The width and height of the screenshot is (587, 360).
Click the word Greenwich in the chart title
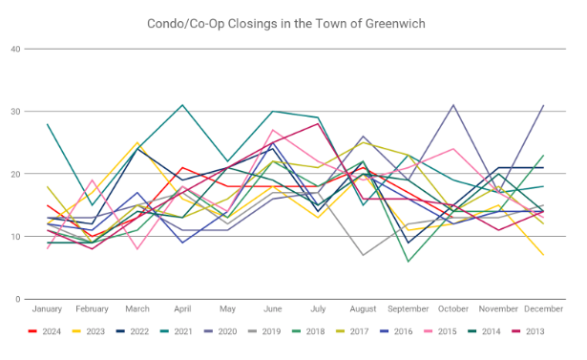(395, 24)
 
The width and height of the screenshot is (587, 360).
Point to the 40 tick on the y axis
(15, 49)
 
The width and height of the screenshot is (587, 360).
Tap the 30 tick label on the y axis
(15, 112)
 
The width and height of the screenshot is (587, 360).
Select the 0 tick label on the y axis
(17, 299)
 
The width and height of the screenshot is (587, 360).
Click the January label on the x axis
(47, 309)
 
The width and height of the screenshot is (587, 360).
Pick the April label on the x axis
(182, 309)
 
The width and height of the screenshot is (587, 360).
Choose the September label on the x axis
(409, 309)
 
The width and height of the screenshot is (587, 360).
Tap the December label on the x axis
(544, 309)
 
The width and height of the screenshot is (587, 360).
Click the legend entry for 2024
(45, 331)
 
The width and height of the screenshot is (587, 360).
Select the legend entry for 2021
(177, 331)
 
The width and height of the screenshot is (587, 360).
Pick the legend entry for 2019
(264, 331)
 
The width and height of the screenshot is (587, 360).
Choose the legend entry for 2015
(440, 331)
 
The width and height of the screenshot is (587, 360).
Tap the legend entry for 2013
(528, 331)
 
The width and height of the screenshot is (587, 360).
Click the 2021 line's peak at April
(182, 105)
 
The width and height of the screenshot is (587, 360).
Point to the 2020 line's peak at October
(453, 105)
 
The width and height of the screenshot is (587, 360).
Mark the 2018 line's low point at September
(409, 262)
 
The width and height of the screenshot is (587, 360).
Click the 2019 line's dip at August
(363, 255)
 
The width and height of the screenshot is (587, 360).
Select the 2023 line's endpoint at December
(544, 255)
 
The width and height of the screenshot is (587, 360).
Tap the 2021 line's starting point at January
(47, 124)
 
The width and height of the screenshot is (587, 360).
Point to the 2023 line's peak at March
(137, 142)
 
